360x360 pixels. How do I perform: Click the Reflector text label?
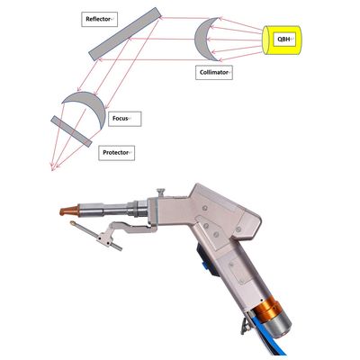101,19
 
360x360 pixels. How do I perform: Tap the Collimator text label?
214,71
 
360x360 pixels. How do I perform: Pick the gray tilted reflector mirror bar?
126,35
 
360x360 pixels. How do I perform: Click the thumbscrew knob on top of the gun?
159,191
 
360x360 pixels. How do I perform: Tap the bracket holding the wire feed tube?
114,236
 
